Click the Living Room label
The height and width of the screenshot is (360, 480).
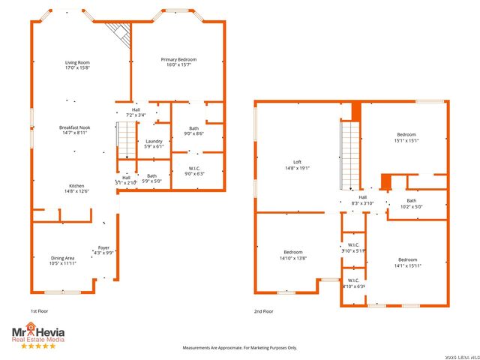click(77, 65)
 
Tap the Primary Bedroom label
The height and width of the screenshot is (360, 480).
click(178, 61)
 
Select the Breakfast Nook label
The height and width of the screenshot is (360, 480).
click(75, 130)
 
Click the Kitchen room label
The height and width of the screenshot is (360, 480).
click(79, 188)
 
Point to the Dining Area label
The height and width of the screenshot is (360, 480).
click(62, 261)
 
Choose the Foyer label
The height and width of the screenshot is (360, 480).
click(103, 250)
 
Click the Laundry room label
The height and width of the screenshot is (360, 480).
click(154, 143)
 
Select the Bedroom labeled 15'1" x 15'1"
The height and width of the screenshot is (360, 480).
click(406, 137)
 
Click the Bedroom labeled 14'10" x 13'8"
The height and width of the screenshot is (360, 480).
click(293, 254)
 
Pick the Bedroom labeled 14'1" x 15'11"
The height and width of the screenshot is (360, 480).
click(407, 262)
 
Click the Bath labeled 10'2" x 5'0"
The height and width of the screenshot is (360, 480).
click(411, 203)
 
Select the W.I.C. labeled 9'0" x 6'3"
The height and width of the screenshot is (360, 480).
click(193, 170)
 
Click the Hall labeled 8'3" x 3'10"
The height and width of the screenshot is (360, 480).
click(362, 200)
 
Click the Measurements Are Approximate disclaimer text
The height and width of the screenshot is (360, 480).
click(240, 347)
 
